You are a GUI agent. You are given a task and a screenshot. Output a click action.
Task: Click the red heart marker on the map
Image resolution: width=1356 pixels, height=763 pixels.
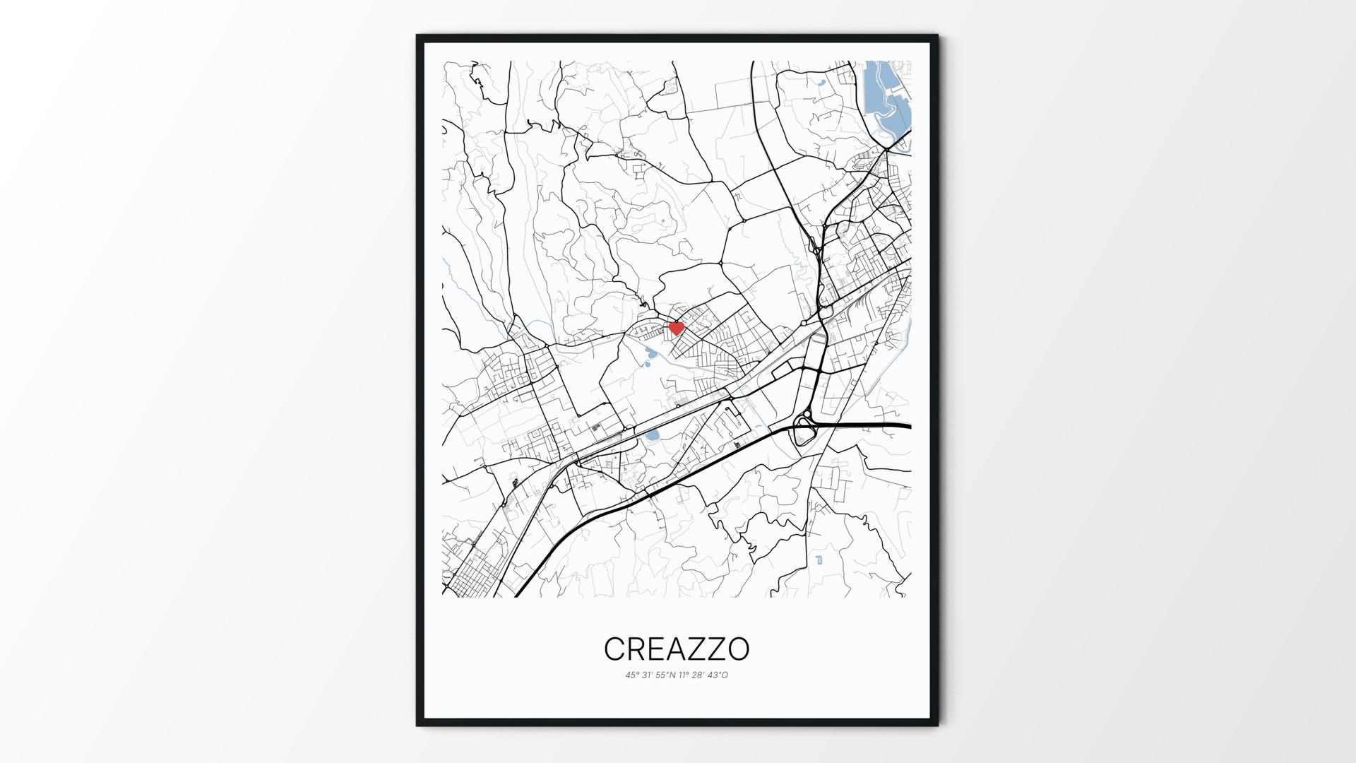(676, 328)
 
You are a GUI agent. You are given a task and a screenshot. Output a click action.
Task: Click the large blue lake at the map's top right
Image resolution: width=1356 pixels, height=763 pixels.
(887, 99)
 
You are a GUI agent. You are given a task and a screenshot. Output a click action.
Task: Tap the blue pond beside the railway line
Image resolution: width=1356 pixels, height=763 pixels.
(651, 434)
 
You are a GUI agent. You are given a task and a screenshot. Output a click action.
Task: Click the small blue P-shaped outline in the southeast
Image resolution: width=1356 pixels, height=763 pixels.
(819, 560)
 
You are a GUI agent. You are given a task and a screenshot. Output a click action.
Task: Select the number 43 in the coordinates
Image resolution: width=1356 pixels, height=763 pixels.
(715, 675)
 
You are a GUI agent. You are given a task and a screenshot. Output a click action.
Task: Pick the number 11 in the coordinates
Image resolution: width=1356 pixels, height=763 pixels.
(683, 675)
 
